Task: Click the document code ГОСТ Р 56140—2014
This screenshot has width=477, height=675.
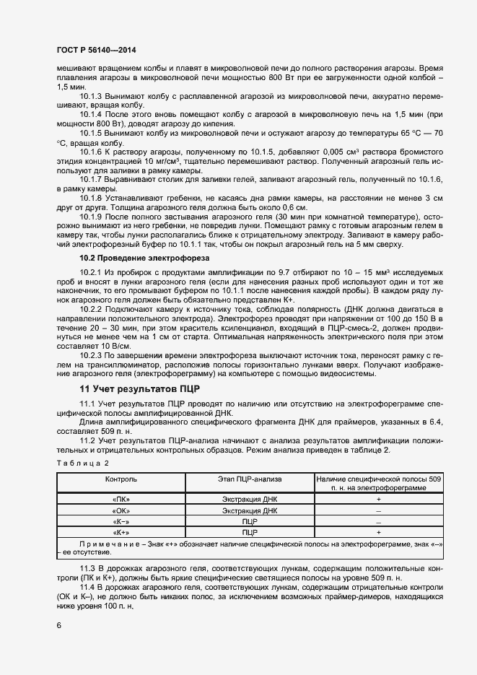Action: tap(95, 51)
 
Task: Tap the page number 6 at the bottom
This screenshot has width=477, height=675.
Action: tap(58, 625)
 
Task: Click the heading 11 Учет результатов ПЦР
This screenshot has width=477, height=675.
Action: tap(134, 388)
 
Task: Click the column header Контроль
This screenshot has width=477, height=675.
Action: tap(121, 479)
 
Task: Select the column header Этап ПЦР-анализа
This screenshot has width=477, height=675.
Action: tap(250, 479)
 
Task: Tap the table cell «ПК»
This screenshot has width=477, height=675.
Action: tap(121, 499)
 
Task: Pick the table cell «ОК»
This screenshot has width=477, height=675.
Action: tap(121, 510)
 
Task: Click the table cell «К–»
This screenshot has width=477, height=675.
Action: tap(121, 521)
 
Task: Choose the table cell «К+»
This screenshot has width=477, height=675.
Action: tap(121, 532)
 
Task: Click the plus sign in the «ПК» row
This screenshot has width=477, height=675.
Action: tap(379, 499)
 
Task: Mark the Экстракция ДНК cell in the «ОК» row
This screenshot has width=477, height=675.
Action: tap(250, 510)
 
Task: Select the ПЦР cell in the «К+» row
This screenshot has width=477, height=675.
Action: tap(250, 532)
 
